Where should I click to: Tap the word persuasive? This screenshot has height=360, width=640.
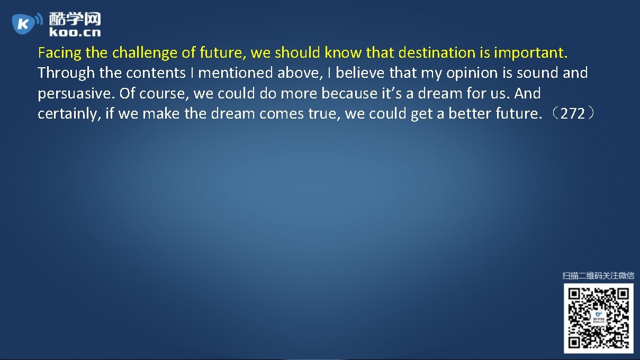(76, 94)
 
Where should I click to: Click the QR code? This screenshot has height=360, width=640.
(598, 318)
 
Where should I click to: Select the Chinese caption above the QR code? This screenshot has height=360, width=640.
(598, 275)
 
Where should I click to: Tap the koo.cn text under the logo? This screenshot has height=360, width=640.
(75, 33)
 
